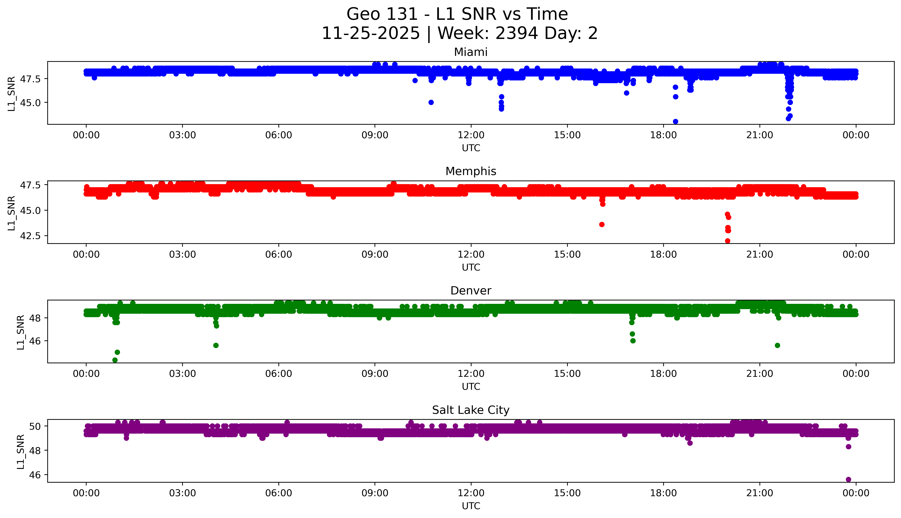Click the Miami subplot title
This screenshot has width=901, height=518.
pyautogui.click(x=470, y=52)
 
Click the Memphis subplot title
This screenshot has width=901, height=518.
pyautogui.click(x=470, y=171)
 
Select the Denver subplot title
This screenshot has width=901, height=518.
pyautogui.click(x=470, y=291)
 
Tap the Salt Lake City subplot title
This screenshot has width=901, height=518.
pyautogui.click(x=470, y=410)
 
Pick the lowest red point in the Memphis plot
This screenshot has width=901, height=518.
pyautogui.click(x=728, y=241)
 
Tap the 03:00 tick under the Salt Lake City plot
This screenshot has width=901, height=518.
pyautogui.click(x=182, y=493)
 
